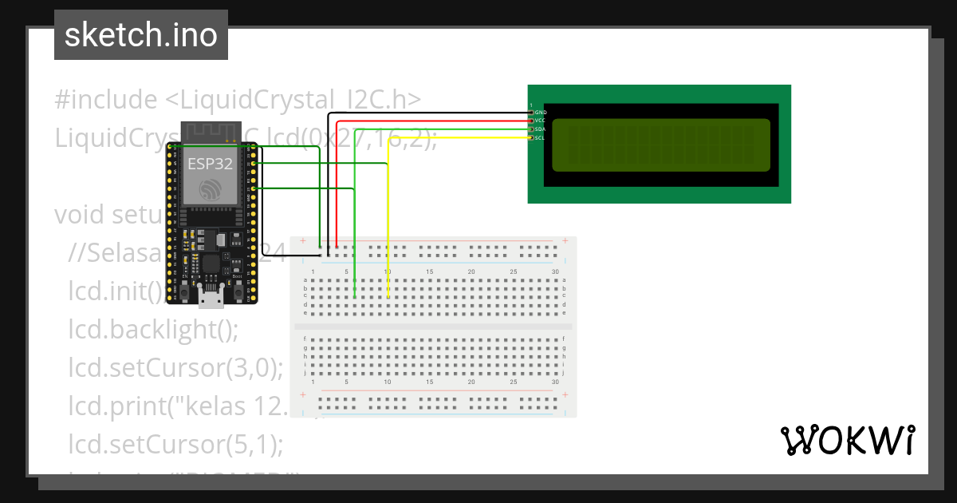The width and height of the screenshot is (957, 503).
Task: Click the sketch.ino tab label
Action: [x=141, y=35]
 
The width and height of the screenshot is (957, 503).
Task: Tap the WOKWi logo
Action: [x=847, y=440]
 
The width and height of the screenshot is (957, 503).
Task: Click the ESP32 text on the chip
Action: [x=210, y=164]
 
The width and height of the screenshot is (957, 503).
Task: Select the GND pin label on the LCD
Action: [x=540, y=113]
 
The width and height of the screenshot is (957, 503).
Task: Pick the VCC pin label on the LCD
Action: [x=540, y=121]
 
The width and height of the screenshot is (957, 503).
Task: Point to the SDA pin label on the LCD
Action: [x=540, y=129]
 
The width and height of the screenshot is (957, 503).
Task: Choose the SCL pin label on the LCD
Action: [x=540, y=137]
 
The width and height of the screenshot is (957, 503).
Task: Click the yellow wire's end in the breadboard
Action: [x=388, y=297]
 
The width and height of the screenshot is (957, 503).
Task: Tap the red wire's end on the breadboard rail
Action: [x=337, y=247]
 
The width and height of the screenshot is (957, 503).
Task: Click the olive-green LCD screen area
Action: [x=661, y=145]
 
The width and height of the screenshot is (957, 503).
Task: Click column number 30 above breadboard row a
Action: [x=555, y=272]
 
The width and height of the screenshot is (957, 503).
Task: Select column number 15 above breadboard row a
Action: [x=429, y=272]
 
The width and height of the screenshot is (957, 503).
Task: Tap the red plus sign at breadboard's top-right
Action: [x=565, y=240]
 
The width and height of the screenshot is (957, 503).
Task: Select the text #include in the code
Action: [x=106, y=100]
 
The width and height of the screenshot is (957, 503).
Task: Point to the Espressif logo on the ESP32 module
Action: [x=211, y=190]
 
